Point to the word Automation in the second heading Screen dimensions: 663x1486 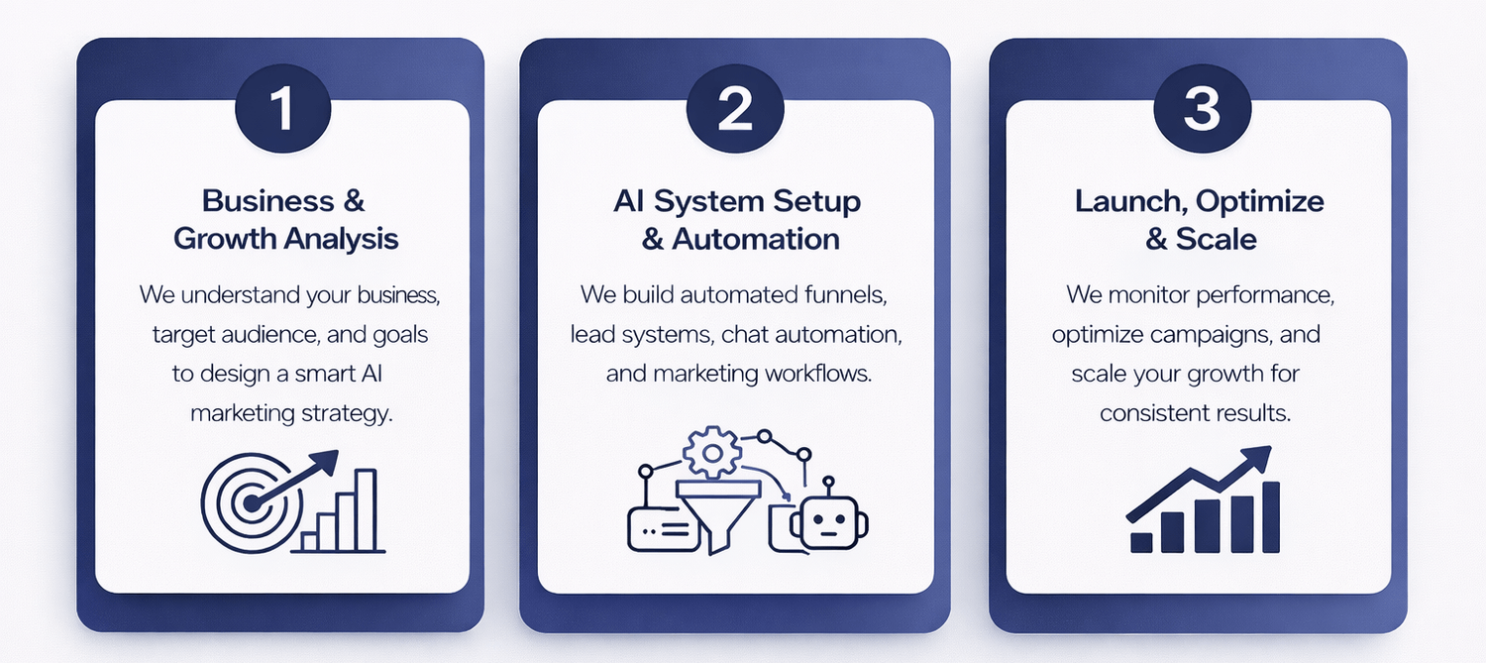pos(756,239)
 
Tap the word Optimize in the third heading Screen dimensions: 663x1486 pos(1260,201)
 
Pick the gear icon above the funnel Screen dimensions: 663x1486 pos(706,455)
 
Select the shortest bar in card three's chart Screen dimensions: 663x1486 pos(1141,542)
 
